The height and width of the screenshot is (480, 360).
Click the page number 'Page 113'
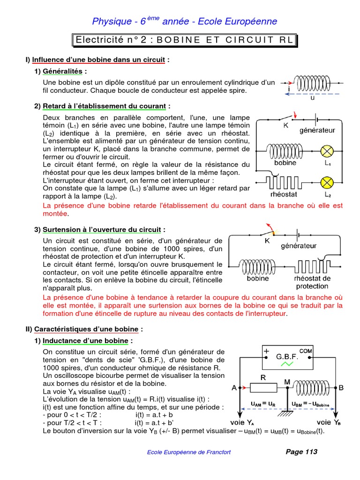coord(301,452)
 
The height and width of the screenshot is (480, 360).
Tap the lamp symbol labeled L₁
coord(326,151)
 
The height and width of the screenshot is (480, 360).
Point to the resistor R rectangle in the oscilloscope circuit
coord(263,387)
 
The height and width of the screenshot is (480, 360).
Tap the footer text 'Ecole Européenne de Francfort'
coord(189,452)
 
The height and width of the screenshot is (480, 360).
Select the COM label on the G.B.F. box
coord(306,351)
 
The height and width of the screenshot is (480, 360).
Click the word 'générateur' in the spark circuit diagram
coord(299,246)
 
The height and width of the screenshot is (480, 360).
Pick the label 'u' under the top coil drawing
coord(312,98)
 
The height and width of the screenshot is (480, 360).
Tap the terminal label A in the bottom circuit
coord(234,388)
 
